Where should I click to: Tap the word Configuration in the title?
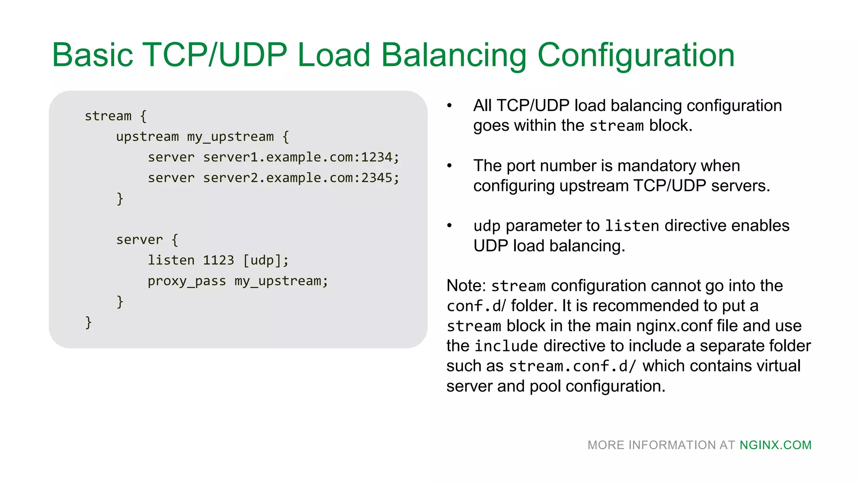636,55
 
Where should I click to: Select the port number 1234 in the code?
376,157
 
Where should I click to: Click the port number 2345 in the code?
376,178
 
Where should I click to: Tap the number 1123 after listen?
218,260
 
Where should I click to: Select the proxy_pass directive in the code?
186,281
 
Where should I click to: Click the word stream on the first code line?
108,116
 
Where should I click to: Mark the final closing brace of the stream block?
88,322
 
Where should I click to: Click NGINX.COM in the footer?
775,445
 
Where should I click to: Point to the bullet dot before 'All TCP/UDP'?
449,106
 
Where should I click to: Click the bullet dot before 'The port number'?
449,166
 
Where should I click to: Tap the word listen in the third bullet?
632,226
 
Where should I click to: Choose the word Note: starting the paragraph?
466,286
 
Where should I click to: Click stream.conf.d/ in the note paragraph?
572,366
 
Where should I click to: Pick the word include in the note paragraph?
506,346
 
